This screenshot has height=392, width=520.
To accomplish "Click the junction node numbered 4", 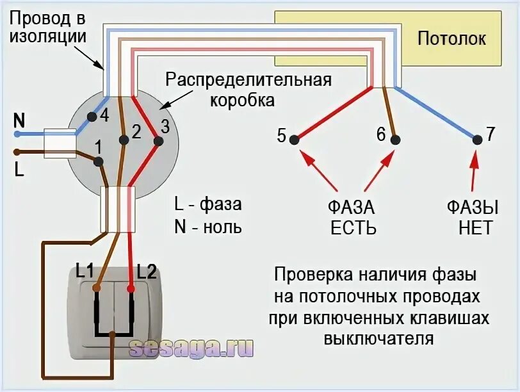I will [x=92, y=117].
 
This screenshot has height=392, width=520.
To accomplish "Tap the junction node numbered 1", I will [x=98, y=161].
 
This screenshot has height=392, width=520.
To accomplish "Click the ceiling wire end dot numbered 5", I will [x=293, y=139].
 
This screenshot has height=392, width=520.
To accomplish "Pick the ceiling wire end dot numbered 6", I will [x=395, y=139].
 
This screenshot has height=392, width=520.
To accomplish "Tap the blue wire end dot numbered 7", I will [x=477, y=139].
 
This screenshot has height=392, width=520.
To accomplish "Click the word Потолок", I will [x=451, y=38].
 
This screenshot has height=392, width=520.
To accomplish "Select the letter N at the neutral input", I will [x=19, y=120].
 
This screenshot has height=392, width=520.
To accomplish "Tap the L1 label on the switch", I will [x=85, y=271].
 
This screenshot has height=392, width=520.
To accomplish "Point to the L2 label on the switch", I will [x=147, y=271].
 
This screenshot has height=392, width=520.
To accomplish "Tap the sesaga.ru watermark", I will [x=191, y=348].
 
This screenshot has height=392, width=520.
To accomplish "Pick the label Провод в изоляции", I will [x=47, y=27].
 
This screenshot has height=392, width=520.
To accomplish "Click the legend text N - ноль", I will [x=208, y=227].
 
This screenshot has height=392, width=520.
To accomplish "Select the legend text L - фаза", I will [x=208, y=204].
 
